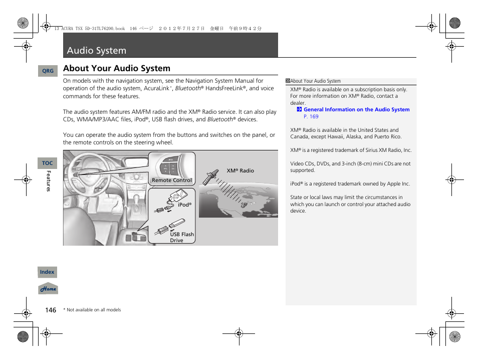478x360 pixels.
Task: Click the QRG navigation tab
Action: tap(48, 71)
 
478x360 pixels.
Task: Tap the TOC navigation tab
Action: tap(48, 163)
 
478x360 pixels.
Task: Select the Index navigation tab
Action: tap(47, 272)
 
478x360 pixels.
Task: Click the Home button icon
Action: tap(48, 289)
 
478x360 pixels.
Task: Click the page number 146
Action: tap(51, 310)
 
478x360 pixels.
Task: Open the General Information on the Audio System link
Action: tap(356, 109)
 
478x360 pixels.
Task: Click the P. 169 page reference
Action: tap(311, 116)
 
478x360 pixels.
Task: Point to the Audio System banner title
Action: tap(96, 50)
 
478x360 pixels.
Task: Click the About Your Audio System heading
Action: tap(117, 68)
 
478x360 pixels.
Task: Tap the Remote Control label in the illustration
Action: tap(172, 181)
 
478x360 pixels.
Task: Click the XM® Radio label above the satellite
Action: tap(240, 171)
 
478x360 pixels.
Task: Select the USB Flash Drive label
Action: tap(181, 237)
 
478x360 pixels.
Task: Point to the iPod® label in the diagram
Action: tap(185, 205)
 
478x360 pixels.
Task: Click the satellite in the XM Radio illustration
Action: tap(210, 176)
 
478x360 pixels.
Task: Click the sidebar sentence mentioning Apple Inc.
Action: tap(350, 184)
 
